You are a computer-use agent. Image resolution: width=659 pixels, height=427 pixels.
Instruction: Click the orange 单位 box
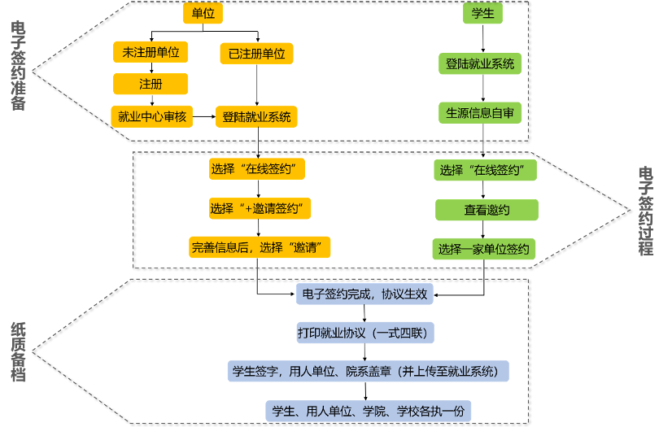tap(203, 13)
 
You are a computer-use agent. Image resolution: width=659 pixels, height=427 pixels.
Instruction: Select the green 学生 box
tap(482, 13)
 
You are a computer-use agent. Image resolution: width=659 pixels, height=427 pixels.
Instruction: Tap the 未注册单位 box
tap(151, 52)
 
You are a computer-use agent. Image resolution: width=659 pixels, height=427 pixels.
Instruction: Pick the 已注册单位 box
tap(256, 54)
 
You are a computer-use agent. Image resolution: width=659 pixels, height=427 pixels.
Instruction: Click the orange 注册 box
tap(151, 84)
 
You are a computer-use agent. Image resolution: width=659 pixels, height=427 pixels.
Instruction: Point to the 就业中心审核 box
tap(151, 116)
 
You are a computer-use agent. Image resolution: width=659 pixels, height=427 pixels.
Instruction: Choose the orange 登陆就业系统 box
tap(256, 116)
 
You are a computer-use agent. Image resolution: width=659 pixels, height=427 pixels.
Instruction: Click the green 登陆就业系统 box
tap(480, 63)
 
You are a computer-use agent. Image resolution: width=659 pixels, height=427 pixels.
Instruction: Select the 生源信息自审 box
tap(480, 112)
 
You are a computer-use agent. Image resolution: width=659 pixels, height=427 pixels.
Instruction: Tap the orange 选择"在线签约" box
tap(257, 169)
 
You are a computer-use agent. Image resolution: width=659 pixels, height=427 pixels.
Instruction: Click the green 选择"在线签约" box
tap(486, 170)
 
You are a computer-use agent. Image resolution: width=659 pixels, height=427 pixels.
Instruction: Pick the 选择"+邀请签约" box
tap(260, 208)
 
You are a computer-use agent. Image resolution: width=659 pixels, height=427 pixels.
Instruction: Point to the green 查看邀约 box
tap(487, 210)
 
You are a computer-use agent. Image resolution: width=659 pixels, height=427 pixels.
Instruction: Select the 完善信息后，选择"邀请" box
tap(260, 247)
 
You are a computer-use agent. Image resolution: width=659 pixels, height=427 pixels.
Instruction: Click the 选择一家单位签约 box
tap(484, 249)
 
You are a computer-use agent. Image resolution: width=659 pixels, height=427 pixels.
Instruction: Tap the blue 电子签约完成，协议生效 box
tap(364, 294)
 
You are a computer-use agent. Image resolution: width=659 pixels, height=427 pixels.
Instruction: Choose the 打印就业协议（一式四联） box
tap(364, 332)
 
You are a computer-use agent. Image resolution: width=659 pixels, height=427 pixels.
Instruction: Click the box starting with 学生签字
tap(368, 371)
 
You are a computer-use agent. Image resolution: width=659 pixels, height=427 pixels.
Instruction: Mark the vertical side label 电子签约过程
tap(645, 211)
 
